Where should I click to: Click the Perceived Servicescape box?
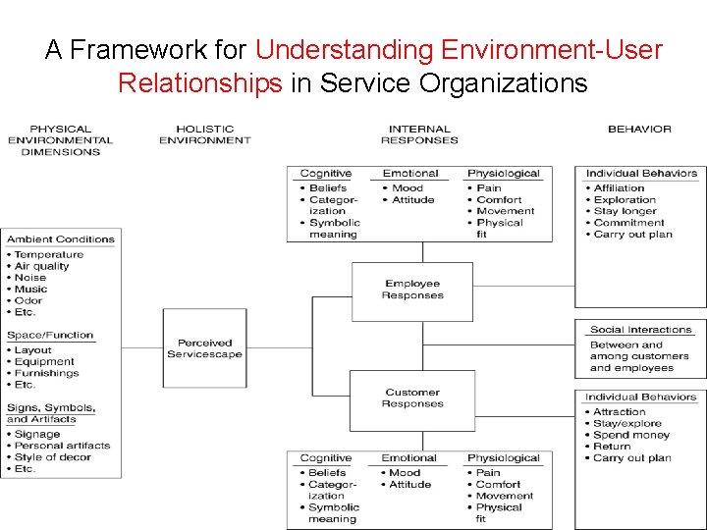click(x=204, y=348)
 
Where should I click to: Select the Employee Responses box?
click(x=412, y=291)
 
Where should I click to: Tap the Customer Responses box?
click(x=412, y=398)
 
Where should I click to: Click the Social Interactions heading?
click(x=640, y=330)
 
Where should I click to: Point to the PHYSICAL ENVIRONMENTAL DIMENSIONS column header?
click(x=60, y=140)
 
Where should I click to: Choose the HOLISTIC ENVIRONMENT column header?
click(x=204, y=134)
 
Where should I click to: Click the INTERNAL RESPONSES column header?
click(x=419, y=134)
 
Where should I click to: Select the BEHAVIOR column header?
click(x=639, y=129)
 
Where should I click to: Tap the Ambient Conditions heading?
click(x=61, y=238)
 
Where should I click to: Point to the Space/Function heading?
click(x=50, y=335)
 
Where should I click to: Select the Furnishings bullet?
click(x=46, y=373)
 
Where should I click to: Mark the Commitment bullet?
click(x=628, y=223)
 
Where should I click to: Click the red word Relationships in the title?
click(x=199, y=82)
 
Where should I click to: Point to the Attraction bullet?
click(x=620, y=412)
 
